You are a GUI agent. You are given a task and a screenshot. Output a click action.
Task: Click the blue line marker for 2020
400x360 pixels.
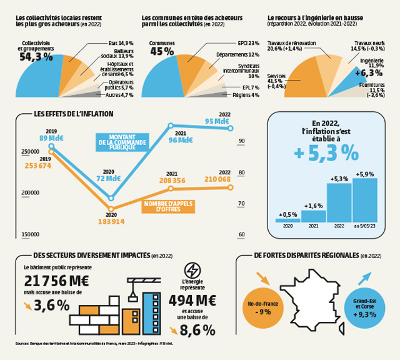(111, 197)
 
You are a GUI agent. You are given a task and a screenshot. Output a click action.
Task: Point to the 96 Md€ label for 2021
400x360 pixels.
(181, 141)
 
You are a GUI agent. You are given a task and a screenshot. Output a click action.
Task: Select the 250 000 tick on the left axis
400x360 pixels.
(31, 152)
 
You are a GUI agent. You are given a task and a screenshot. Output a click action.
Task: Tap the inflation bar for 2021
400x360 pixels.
(313, 216)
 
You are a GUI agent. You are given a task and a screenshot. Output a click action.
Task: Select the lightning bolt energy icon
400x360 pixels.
(194, 271)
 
